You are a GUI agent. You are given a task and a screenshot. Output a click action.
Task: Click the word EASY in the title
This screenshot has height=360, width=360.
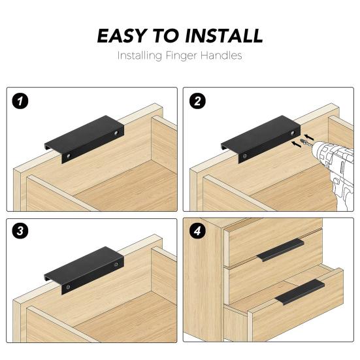(122, 36)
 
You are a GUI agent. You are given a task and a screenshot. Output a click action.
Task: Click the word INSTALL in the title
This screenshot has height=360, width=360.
(223, 36)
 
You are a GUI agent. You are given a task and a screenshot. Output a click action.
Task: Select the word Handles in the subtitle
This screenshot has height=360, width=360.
(221, 56)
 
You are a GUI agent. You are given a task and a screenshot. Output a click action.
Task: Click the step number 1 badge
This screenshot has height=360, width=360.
(20, 101)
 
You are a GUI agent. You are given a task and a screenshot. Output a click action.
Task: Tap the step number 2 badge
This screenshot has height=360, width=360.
(197, 101)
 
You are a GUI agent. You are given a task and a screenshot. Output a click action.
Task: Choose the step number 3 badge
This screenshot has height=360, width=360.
(20, 231)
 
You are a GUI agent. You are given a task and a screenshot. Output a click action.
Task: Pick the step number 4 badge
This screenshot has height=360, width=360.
(197, 231)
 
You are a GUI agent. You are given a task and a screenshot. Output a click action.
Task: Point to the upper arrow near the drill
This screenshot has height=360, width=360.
(309, 137)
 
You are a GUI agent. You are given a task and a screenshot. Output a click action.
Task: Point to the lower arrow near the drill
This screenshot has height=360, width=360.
(296, 144)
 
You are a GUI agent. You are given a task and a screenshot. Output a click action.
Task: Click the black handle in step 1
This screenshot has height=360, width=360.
(84, 139)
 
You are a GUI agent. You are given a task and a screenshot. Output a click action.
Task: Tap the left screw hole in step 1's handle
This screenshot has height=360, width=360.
(69, 156)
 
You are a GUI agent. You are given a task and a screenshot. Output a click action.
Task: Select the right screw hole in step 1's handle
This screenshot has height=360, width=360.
(116, 133)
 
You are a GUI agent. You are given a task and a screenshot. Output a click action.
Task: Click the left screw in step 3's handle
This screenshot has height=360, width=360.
(68, 287)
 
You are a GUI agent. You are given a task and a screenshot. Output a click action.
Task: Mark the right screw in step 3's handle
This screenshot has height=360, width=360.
(116, 264)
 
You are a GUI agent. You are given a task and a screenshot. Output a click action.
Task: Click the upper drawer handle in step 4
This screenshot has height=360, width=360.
(280, 250)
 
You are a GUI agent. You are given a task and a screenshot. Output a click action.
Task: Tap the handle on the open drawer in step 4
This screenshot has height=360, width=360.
(300, 292)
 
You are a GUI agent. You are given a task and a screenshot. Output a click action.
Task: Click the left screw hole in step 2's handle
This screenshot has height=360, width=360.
(245, 156)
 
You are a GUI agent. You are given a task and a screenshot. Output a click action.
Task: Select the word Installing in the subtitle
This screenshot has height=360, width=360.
(140, 56)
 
